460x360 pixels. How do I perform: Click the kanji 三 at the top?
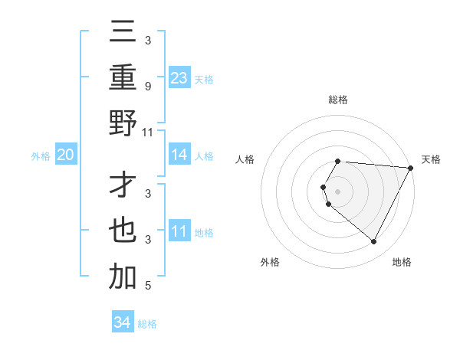point(123,33)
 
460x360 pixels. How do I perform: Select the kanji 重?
point(123,78)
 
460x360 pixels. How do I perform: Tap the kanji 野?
point(123,124)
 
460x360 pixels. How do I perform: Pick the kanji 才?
point(123,186)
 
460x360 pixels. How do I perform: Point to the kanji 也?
point(123,231)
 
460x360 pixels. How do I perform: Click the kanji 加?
point(123,277)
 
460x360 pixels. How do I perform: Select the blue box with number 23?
point(179,77)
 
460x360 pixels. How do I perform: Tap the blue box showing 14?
point(179,155)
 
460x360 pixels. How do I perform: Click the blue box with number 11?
point(179,231)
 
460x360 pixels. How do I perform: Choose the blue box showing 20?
point(65,155)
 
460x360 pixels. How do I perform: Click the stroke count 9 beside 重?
point(147,85)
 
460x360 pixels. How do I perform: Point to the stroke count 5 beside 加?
point(147,286)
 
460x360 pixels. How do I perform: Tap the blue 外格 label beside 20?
point(41,156)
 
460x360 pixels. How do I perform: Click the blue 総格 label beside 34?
point(147,324)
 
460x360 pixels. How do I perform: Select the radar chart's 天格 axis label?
point(431,159)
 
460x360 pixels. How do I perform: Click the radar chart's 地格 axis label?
point(402,262)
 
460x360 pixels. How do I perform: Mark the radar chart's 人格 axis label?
point(245,159)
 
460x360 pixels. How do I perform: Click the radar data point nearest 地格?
point(374,242)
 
